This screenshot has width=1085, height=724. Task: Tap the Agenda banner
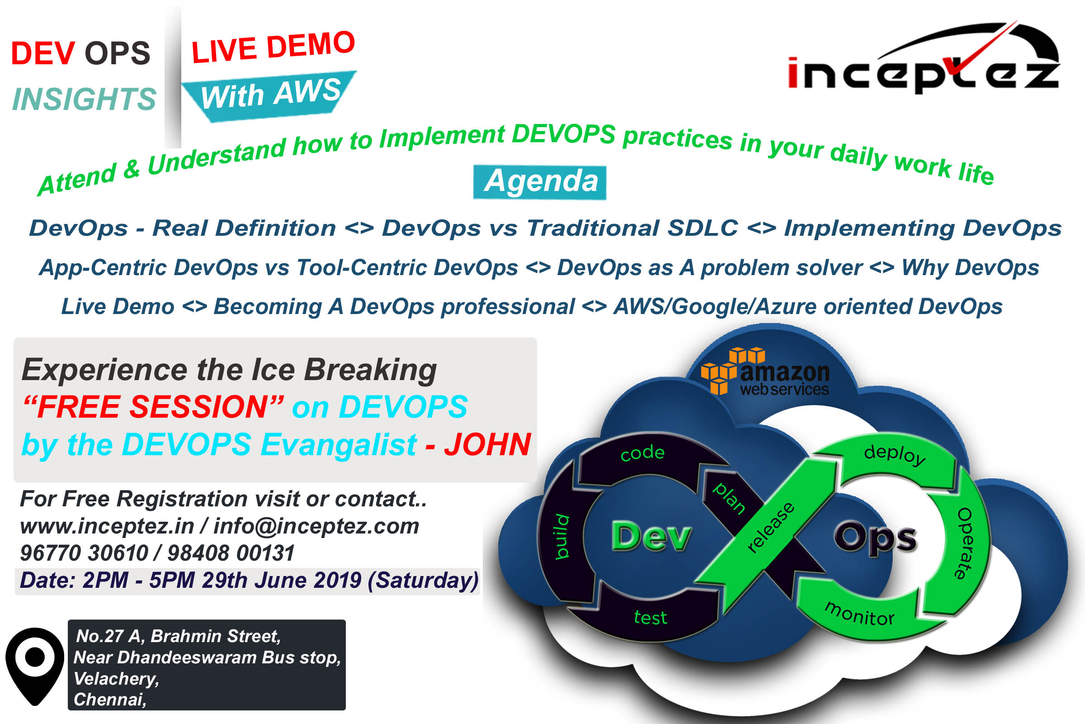pyautogui.click(x=540, y=182)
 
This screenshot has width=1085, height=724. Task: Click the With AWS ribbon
pyautogui.click(x=270, y=95)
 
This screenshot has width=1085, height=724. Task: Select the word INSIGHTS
pyautogui.click(x=84, y=99)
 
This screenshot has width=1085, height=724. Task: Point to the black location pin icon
pyautogui.click(x=35, y=665)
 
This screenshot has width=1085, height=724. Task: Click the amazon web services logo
pyautogui.click(x=765, y=372)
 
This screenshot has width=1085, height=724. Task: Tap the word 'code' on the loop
pyautogui.click(x=642, y=453)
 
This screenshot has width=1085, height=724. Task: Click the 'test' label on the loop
pyautogui.click(x=651, y=617)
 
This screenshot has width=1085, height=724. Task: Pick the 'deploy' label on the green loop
pyautogui.click(x=895, y=454)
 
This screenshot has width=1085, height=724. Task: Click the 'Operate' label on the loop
pyautogui.click(x=964, y=543)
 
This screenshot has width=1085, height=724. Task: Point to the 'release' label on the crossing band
pyautogui.click(x=770, y=527)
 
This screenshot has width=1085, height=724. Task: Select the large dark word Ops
pyautogui.click(x=875, y=538)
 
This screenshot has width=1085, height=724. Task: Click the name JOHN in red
pyautogui.click(x=487, y=445)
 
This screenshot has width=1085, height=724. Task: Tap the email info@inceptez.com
pyautogui.click(x=316, y=526)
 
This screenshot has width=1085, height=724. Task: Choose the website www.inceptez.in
pyautogui.click(x=107, y=526)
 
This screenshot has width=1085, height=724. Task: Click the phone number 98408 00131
pyautogui.click(x=231, y=553)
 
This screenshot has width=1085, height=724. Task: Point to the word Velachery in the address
pyautogui.click(x=116, y=679)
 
